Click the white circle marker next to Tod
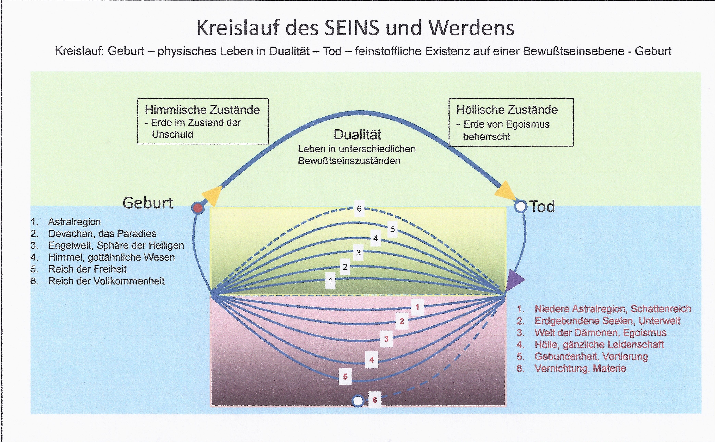point(520,206)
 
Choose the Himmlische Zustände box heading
point(202,110)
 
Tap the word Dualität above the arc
point(357,135)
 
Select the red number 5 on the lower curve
point(345,377)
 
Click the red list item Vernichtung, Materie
point(580,368)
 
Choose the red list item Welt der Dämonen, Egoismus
point(600,333)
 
